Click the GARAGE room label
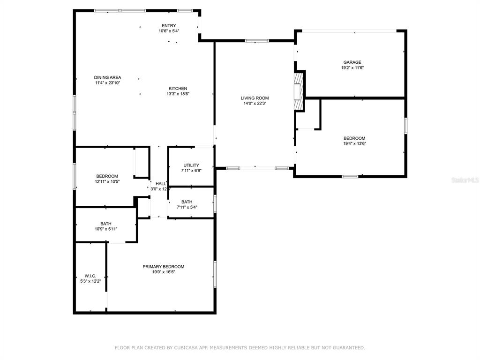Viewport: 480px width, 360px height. pos(352,62)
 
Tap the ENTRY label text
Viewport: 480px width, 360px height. pos(169,25)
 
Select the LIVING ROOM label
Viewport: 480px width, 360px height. pos(255,98)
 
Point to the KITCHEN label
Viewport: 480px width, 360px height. pos(178,89)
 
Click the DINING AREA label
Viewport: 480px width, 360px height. pos(107,77)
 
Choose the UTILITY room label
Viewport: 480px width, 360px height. pos(191,165)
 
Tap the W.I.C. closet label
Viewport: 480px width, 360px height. pos(90,276)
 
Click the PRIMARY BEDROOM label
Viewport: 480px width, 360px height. pos(164,267)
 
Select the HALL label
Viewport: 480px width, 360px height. pos(161,184)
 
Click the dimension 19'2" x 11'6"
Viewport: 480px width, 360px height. pos(352,67)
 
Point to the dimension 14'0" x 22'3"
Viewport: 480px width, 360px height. pos(255,104)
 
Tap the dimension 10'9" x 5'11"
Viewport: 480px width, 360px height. pos(106,229)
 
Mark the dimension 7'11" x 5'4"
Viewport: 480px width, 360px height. pos(187,207)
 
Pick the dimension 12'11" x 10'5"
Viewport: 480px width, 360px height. pos(107,181)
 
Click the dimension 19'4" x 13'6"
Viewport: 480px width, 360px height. pos(354,143)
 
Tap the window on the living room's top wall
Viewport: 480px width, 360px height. pos(257,41)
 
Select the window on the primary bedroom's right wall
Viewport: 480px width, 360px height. pos(215,274)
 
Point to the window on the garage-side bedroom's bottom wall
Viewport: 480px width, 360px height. pos(350,176)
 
